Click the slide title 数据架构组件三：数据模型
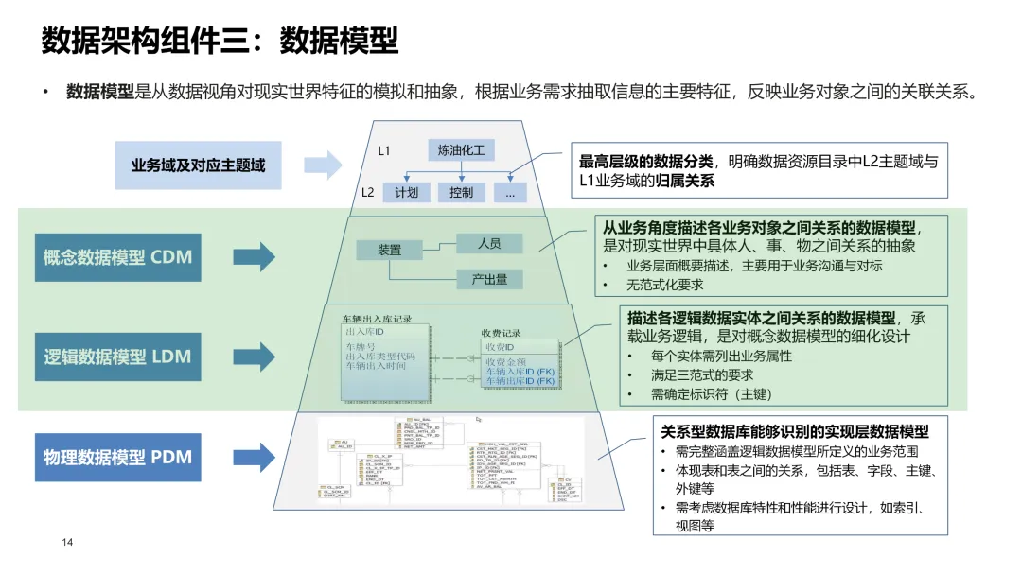click(x=220, y=41)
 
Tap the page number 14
click(x=67, y=542)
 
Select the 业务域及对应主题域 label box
click(x=198, y=165)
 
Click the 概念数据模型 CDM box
click(x=117, y=257)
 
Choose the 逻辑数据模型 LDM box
click(x=117, y=357)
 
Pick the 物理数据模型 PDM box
click(x=117, y=458)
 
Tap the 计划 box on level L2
click(x=406, y=192)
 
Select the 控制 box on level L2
click(x=461, y=192)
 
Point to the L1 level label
click(x=384, y=151)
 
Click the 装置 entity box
click(x=389, y=251)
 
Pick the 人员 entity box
click(x=488, y=243)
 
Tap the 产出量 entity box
click(x=488, y=279)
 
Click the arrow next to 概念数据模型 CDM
click(x=254, y=257)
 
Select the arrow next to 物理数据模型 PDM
click(x=254, y=458)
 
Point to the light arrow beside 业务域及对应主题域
click(x=322, y=165)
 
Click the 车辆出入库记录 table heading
click(x=377, y=320)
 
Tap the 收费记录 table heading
click(x=501, y=333)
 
